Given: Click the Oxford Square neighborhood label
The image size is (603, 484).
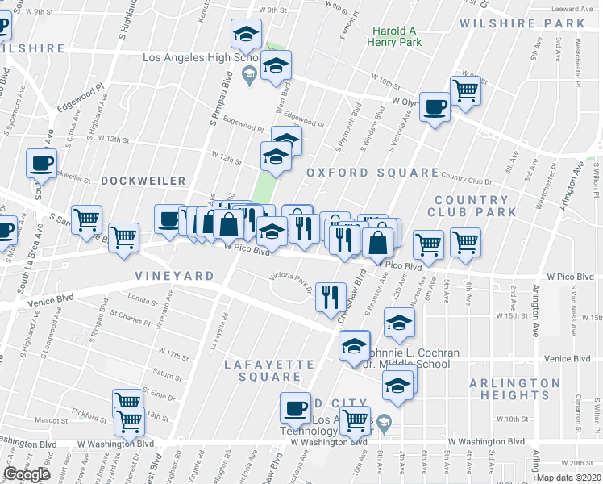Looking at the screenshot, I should [x=372, y=173].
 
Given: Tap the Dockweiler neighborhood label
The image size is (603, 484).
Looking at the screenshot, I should [x=143, y=181].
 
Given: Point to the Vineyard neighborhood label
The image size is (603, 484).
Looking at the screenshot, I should [x=175, y=276].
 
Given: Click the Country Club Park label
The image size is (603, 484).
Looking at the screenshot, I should [x=475, y=206].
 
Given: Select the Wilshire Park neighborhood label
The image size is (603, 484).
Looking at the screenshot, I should [x=522, y=23].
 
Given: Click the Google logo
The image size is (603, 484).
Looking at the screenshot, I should [x=27, y=474].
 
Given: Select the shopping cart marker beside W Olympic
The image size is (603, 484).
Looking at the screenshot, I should [x=465, y=90].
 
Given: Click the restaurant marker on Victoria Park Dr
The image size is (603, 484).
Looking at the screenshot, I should [x=329, y=297].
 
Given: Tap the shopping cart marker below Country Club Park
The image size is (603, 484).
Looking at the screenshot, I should [x=465, y=241].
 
